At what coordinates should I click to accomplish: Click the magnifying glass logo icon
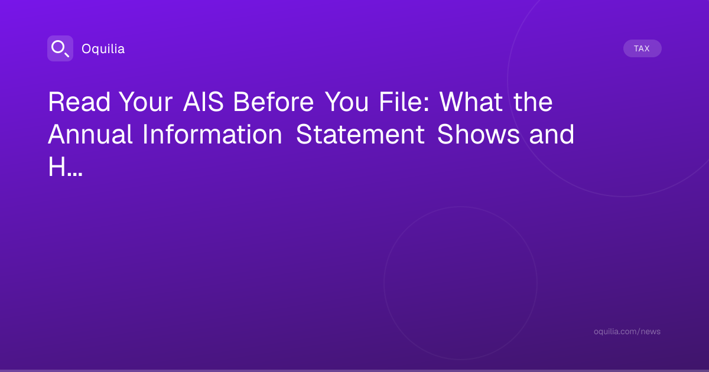[x=60, y=48]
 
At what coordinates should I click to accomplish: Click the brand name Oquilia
[x=103, y=48]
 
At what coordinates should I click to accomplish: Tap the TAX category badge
[x=642, y=48]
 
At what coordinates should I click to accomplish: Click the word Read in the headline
[x=79, y=102]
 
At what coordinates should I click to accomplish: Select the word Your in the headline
[x=146, y=102]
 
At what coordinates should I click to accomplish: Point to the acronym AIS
[x=203, y=102]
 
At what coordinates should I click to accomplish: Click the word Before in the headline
[x=274, y=102]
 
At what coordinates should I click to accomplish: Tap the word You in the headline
[x=347, y=102]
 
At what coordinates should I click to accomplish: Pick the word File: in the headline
[x=404, y=102]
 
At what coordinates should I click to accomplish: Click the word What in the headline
[x=471, y=102]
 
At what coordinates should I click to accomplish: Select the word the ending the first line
[x=533, y=102]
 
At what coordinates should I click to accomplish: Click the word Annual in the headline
[x=90, y=135]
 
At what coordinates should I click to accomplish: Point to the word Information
[x=212, y=135]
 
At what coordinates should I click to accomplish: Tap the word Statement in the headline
[x=360, y=135]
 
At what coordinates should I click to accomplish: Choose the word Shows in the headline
[x=478, y=135]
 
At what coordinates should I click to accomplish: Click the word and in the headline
[x=552, y=135]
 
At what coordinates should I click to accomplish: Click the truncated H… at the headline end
[x=65, y=167]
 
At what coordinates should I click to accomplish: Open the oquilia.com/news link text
[x=627, y=331]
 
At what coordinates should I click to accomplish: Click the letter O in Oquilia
[x=86, y=49]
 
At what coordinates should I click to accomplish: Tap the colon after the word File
[x=427, y=105]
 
